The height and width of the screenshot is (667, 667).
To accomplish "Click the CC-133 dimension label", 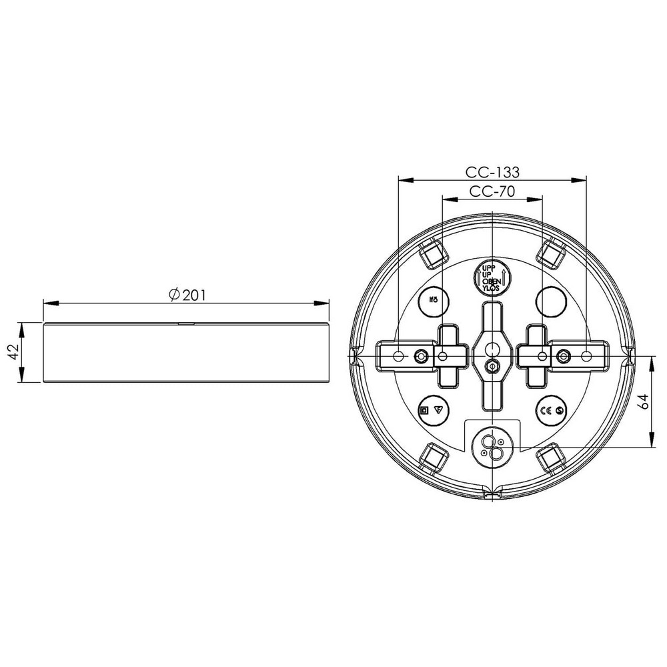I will tap(492, 171).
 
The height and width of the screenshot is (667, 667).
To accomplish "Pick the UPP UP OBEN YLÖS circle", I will tap(492, 277).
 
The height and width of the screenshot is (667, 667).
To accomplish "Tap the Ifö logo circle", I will tap(432, 301).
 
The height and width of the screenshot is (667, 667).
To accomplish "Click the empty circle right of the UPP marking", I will tap(552, 301).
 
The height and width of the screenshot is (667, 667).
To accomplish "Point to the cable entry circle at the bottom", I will tap(492, 446).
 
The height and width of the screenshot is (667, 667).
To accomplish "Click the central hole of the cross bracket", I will tap(492, 348).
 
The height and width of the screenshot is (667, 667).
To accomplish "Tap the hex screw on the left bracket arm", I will tap(421, 356).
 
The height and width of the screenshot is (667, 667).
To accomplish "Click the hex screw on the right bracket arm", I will tap(562, 356).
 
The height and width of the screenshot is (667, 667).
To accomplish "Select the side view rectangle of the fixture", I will tap(187, 353).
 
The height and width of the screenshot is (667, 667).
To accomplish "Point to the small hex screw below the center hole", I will tap(492, 365).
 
